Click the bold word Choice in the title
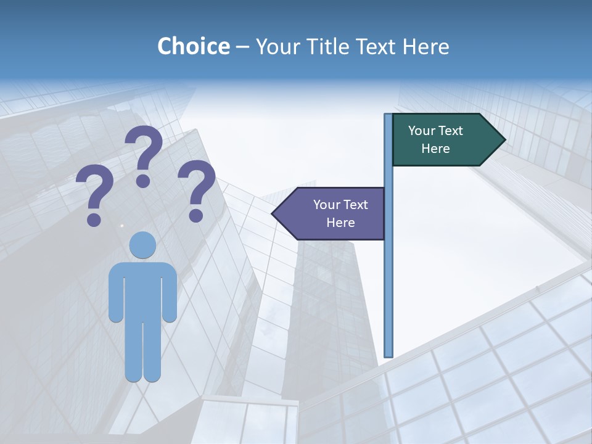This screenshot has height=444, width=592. [x=193, y=46]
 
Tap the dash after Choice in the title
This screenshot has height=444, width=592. [x=242, y=47]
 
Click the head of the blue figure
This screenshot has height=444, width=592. [x=142, y=245]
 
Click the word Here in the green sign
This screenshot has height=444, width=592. [x=435, y=149]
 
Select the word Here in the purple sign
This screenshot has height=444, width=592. [x=340, y=223]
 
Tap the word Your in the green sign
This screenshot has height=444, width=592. [x=422, y=131]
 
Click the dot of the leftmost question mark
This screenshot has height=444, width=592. [x=94, y=218]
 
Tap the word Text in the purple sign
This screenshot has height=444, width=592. [x=355, y=205]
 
